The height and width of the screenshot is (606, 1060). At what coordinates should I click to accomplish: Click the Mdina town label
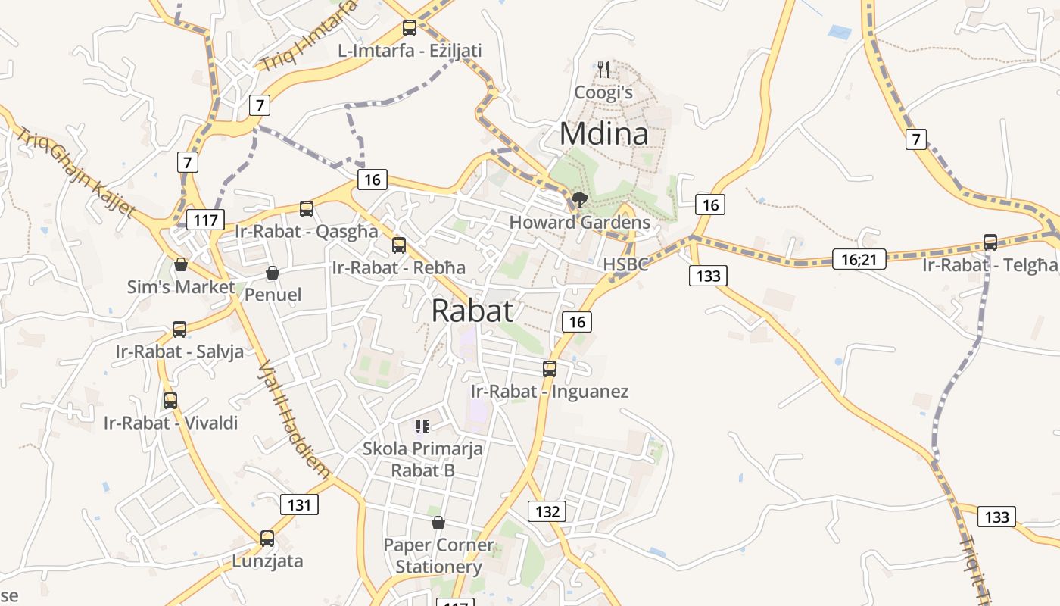[x=603, y=134]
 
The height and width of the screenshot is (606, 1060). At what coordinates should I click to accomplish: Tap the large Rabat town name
[x=472, y=311]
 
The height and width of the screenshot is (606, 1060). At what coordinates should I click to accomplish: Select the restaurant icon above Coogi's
[x=603, y=70]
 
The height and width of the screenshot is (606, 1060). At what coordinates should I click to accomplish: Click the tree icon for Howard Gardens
[x=580, y=201]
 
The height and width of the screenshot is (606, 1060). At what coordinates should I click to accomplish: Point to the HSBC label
[x=625, y=264]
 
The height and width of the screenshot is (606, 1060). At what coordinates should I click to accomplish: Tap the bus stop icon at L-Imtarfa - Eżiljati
[x=410, y=28]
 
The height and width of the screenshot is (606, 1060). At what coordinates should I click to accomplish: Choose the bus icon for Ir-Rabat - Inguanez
[x=550, y=369]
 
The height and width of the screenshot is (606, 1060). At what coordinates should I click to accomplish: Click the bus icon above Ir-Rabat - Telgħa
[x=990, y=242]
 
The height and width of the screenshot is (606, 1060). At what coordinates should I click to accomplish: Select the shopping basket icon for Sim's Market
[x=181, y=264]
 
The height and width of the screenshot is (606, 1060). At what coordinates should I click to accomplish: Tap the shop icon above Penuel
[x=273, y=273]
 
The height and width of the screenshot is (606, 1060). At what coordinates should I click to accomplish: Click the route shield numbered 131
[x=299, y=504]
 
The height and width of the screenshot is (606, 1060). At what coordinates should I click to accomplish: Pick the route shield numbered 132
[x=547, y=511]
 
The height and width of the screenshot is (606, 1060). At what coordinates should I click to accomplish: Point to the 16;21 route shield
[x=859, y=260]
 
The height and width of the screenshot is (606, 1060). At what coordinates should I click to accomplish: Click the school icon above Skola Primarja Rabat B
[x=422, y=426]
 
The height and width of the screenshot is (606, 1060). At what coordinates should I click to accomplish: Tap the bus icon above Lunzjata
[x=267, y=539]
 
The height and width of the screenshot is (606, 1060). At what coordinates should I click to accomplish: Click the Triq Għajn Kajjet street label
[x=76, y=172]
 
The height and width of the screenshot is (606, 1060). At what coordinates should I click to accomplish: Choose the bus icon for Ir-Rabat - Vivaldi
[x=170, y=401]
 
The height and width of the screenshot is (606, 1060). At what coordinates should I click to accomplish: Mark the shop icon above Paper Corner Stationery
[x=438, y=523]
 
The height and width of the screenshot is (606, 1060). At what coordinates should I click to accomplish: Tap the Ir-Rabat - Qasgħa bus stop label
[x=307, y=231]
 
